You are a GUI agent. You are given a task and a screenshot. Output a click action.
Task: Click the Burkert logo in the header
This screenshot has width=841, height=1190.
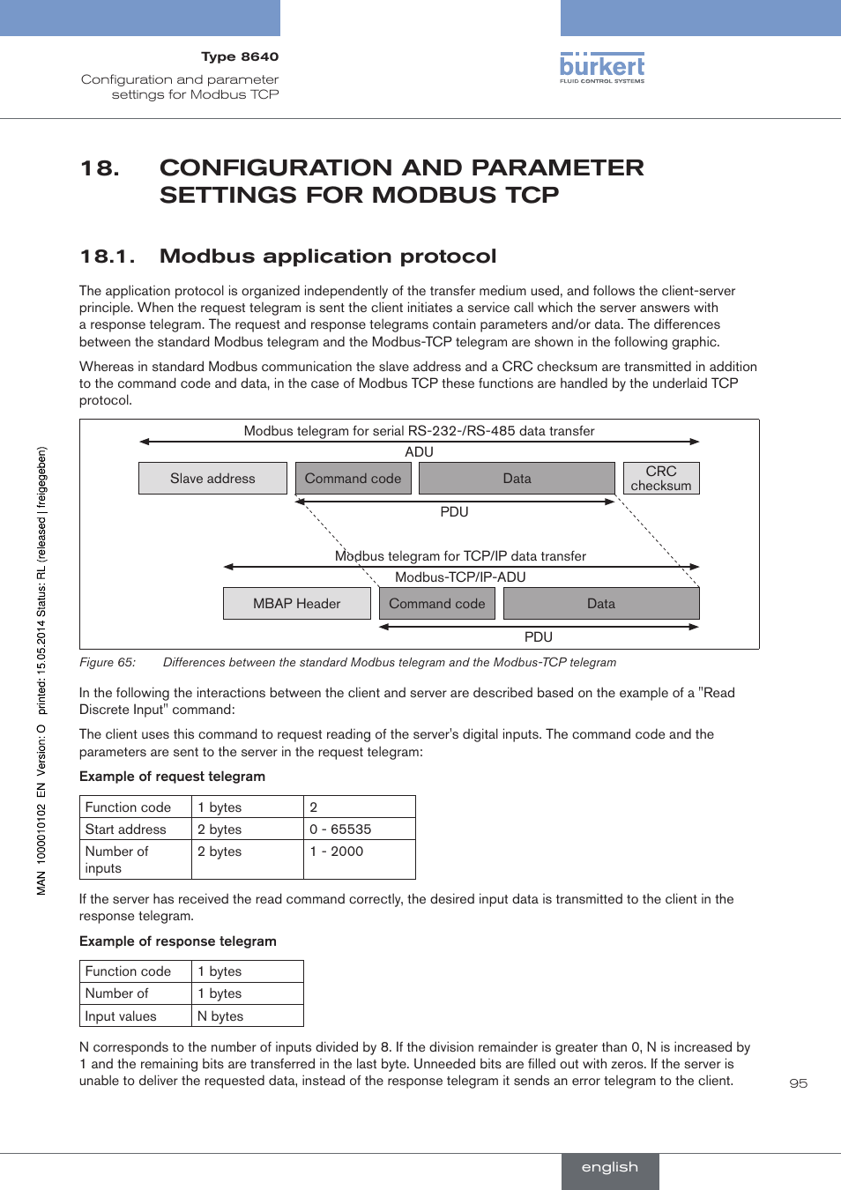(602, 68)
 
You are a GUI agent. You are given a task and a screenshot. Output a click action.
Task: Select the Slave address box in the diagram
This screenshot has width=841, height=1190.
(212, 479)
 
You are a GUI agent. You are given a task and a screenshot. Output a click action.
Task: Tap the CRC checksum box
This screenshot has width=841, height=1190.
(661, 479)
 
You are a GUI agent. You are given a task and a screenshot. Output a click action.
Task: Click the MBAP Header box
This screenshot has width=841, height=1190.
(296, 604)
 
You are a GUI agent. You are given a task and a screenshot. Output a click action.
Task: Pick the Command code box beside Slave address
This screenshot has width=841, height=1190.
(353, 479)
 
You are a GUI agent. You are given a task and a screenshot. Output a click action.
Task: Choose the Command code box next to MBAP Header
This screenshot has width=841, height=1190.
(437, 604)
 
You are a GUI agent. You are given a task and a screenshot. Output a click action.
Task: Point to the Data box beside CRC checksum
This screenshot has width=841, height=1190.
(517, 479)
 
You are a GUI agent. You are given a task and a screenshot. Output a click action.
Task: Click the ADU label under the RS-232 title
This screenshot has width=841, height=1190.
(420, 452)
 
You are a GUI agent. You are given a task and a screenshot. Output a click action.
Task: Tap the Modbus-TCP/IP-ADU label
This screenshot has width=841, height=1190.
(460, 577)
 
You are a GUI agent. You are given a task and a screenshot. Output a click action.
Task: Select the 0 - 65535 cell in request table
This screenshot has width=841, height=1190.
(340, 829)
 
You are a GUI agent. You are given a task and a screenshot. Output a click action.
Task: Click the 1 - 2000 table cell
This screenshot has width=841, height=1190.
(337, 852)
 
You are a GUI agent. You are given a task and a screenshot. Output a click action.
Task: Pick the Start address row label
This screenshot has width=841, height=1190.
(126, 829)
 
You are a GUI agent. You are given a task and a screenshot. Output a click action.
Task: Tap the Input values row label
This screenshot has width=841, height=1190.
(121, 1016)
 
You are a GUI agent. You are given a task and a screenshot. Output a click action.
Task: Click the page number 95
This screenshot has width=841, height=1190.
(799, 1083)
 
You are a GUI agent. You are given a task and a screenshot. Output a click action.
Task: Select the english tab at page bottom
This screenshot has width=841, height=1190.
(610, 1167)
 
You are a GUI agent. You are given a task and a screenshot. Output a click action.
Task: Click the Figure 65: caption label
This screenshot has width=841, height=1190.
(108, 663)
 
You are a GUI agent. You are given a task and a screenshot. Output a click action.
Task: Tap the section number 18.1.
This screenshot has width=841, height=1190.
(108, 257)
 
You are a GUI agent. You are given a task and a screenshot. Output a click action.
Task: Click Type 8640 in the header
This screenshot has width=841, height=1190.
(240, 56)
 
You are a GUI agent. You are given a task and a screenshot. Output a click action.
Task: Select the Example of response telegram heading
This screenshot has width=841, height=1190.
(178, 941)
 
